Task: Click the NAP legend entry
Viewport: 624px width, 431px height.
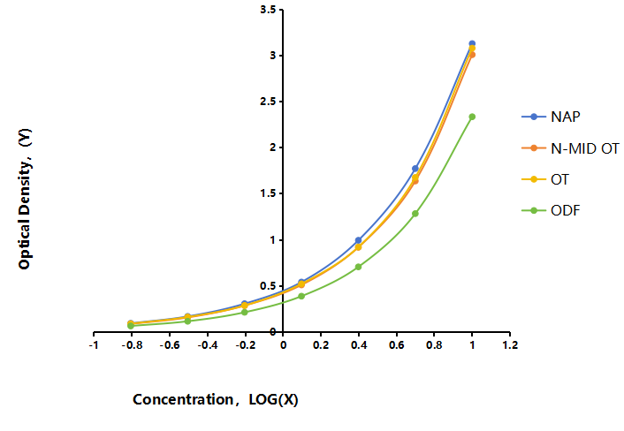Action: (551, 117)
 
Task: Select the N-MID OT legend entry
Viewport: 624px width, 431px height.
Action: (570, 148)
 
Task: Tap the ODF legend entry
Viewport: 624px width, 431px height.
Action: (551, 210)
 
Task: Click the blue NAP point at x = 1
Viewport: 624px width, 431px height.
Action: (472, 43)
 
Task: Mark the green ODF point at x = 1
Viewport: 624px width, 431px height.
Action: (472, 117)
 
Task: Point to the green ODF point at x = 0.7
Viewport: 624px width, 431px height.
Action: (415, 214)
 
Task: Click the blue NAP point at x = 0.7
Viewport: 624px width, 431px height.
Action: (415, 169)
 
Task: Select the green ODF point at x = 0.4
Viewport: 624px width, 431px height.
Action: (358, 267)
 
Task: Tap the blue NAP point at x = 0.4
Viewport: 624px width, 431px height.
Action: (358, 240)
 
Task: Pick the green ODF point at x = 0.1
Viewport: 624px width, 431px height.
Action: (301, 296)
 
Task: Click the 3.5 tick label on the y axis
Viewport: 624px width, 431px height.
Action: (268, 10)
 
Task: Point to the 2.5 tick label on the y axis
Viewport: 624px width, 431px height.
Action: (268, 102)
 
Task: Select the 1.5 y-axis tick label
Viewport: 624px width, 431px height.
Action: (268, 193)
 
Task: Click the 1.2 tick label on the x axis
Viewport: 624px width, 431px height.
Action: (510, 345)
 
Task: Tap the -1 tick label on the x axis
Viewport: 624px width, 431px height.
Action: (94, 345)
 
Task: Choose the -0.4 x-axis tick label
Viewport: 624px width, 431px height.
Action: (207, 345)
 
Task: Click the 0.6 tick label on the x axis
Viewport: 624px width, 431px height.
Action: (396, 345)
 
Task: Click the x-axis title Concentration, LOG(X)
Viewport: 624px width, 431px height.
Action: (216, 399)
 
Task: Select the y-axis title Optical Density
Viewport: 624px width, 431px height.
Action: (24, 200)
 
